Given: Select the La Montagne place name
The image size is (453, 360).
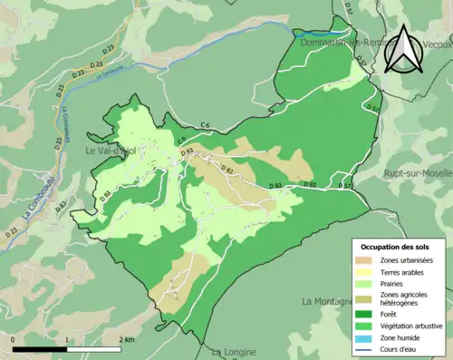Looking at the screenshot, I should tap(333, 301).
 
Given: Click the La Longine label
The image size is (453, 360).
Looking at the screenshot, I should tap(233, 351).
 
